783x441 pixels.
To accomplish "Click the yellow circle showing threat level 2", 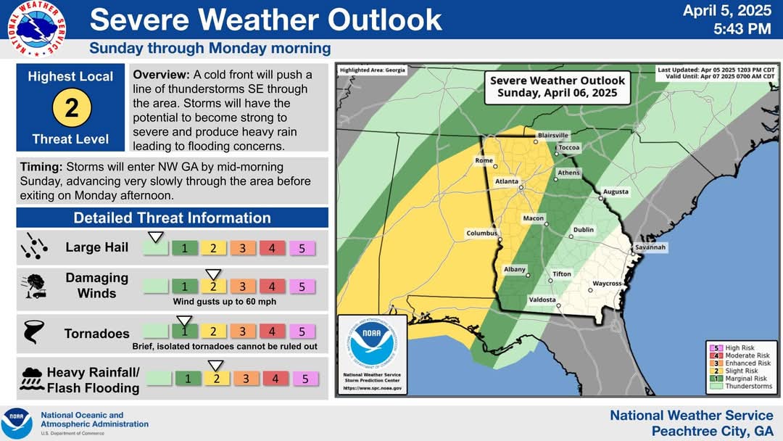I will (x=71, y=108).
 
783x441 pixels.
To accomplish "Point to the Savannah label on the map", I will (x=650, y=247).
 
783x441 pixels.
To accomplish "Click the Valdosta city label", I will (x=542, y=300).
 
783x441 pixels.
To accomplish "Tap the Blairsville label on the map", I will (x=553, y=136).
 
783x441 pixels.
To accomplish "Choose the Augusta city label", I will (x=616, y=192).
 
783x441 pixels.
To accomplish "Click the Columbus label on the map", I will (x=481, y=233).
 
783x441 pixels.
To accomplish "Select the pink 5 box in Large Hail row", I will (x=302, y=248).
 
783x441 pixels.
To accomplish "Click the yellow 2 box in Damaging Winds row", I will (x=213, y=287).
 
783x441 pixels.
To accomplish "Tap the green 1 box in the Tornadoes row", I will (x=185, y=331).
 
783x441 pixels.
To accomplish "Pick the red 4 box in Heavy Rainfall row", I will (x=275, y=378).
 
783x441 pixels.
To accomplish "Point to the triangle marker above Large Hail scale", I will (x=155, y=236).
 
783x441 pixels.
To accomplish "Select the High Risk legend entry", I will (x=737, y=348).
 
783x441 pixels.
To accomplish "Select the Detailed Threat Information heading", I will (x=172, y=218).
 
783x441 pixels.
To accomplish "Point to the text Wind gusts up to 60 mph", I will (x=224, y=301).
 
